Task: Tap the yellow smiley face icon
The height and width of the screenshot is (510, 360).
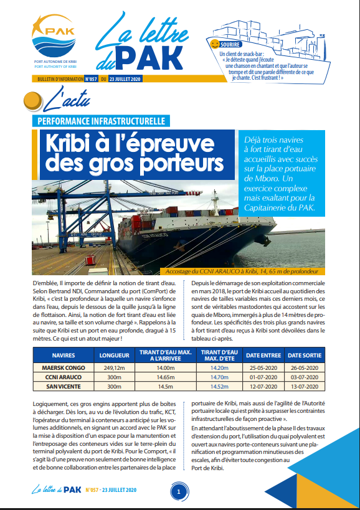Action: [215, 45]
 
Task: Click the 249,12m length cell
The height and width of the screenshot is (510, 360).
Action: [115, 367]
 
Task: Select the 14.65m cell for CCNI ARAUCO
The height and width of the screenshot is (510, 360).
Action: [164, 377]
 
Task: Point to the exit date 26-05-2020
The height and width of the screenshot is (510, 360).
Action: [304, 367]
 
